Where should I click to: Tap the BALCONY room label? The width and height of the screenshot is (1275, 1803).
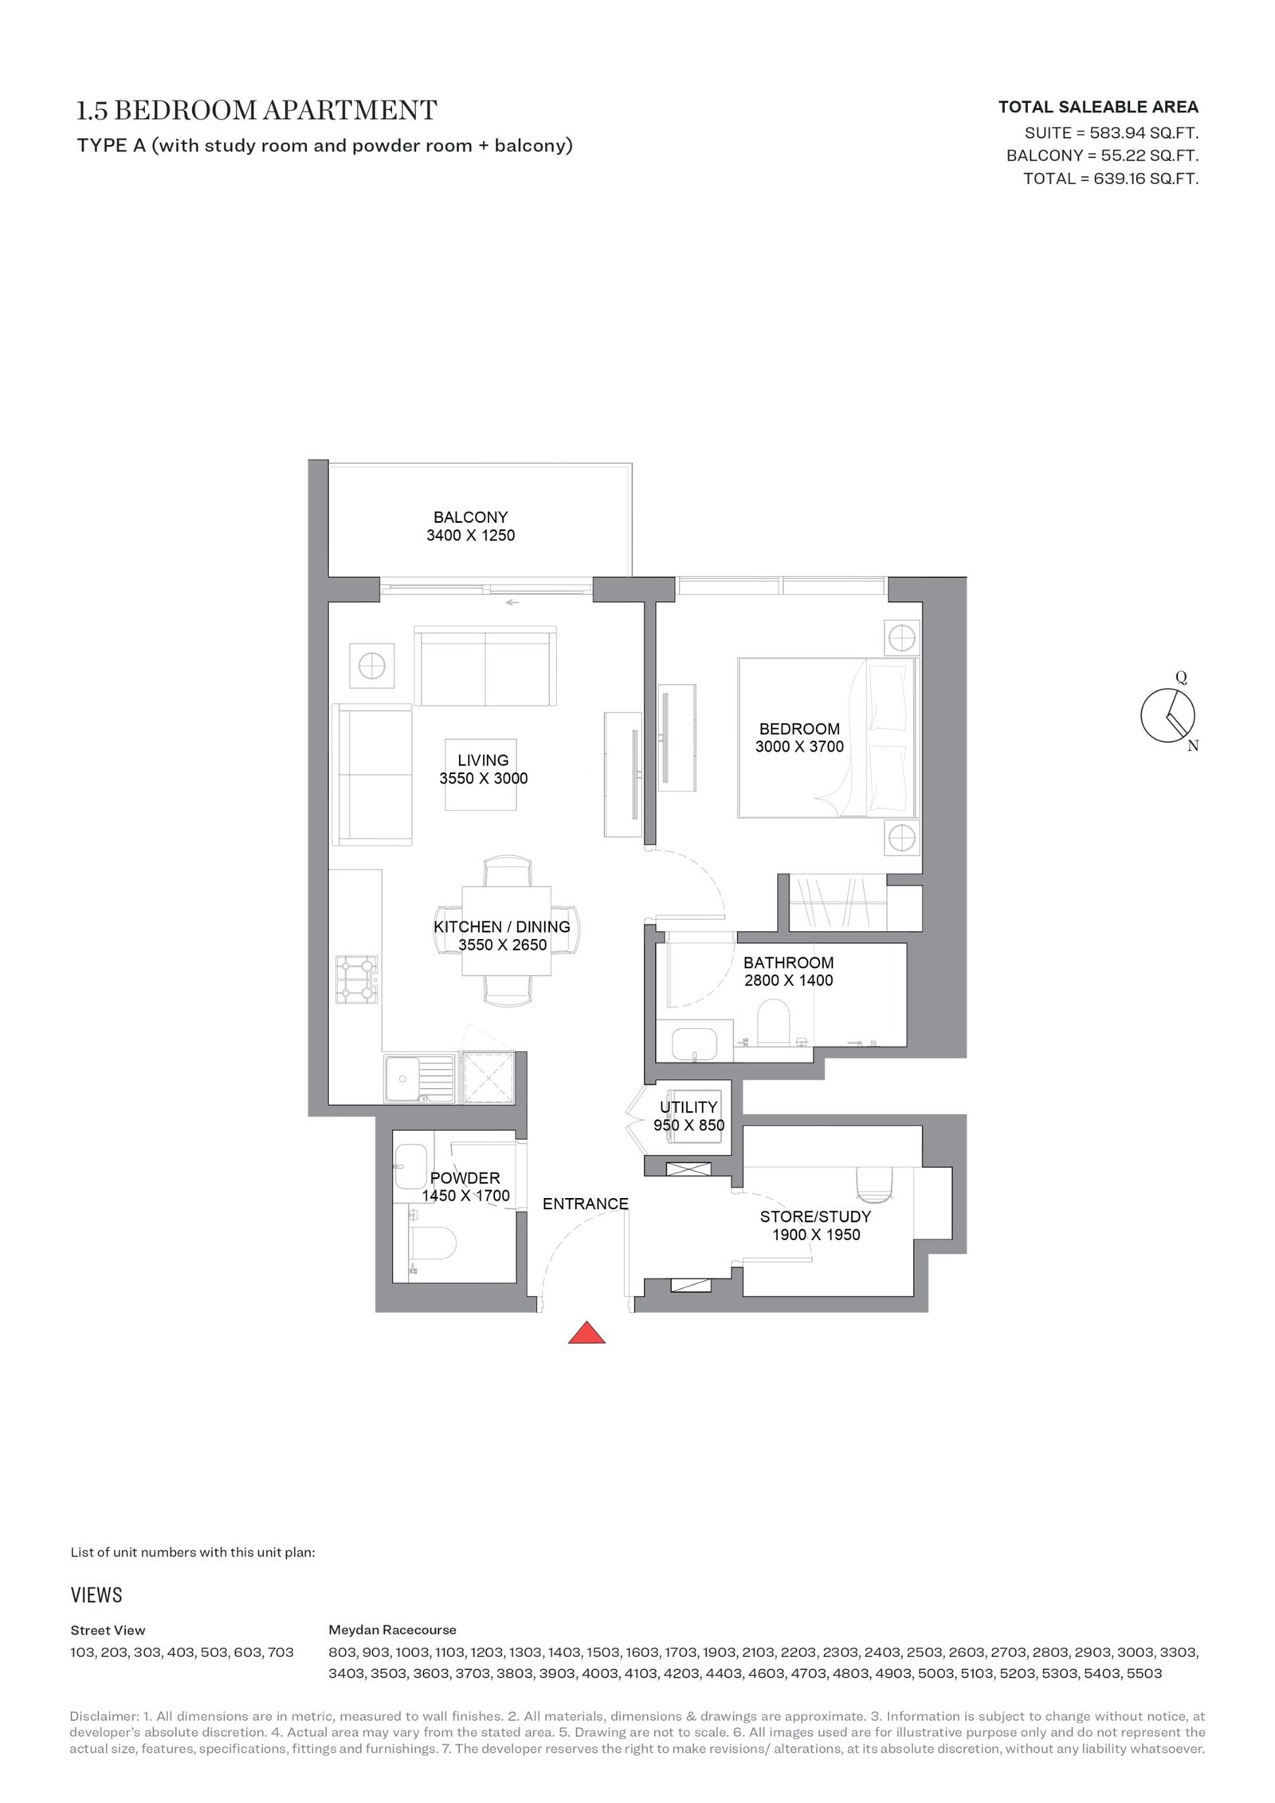point(470,517)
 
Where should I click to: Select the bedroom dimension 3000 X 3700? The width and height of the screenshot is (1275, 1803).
point(799,747)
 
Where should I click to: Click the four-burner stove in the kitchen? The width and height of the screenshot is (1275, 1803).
point(356,979)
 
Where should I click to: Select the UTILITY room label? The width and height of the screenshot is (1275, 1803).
point(688,1107)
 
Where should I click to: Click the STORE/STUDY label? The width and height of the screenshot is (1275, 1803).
point(815,1216)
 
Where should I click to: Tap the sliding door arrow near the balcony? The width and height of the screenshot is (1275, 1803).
point(512,603)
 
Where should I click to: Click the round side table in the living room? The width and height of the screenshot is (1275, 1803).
point(371,665)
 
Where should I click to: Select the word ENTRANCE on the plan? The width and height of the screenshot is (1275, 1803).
point(586,1204)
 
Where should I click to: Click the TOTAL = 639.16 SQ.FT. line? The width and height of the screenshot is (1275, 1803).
point(1111,179)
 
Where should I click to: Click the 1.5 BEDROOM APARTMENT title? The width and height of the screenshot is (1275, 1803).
point(257,110)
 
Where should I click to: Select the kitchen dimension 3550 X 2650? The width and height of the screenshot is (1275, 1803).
point(502,945)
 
